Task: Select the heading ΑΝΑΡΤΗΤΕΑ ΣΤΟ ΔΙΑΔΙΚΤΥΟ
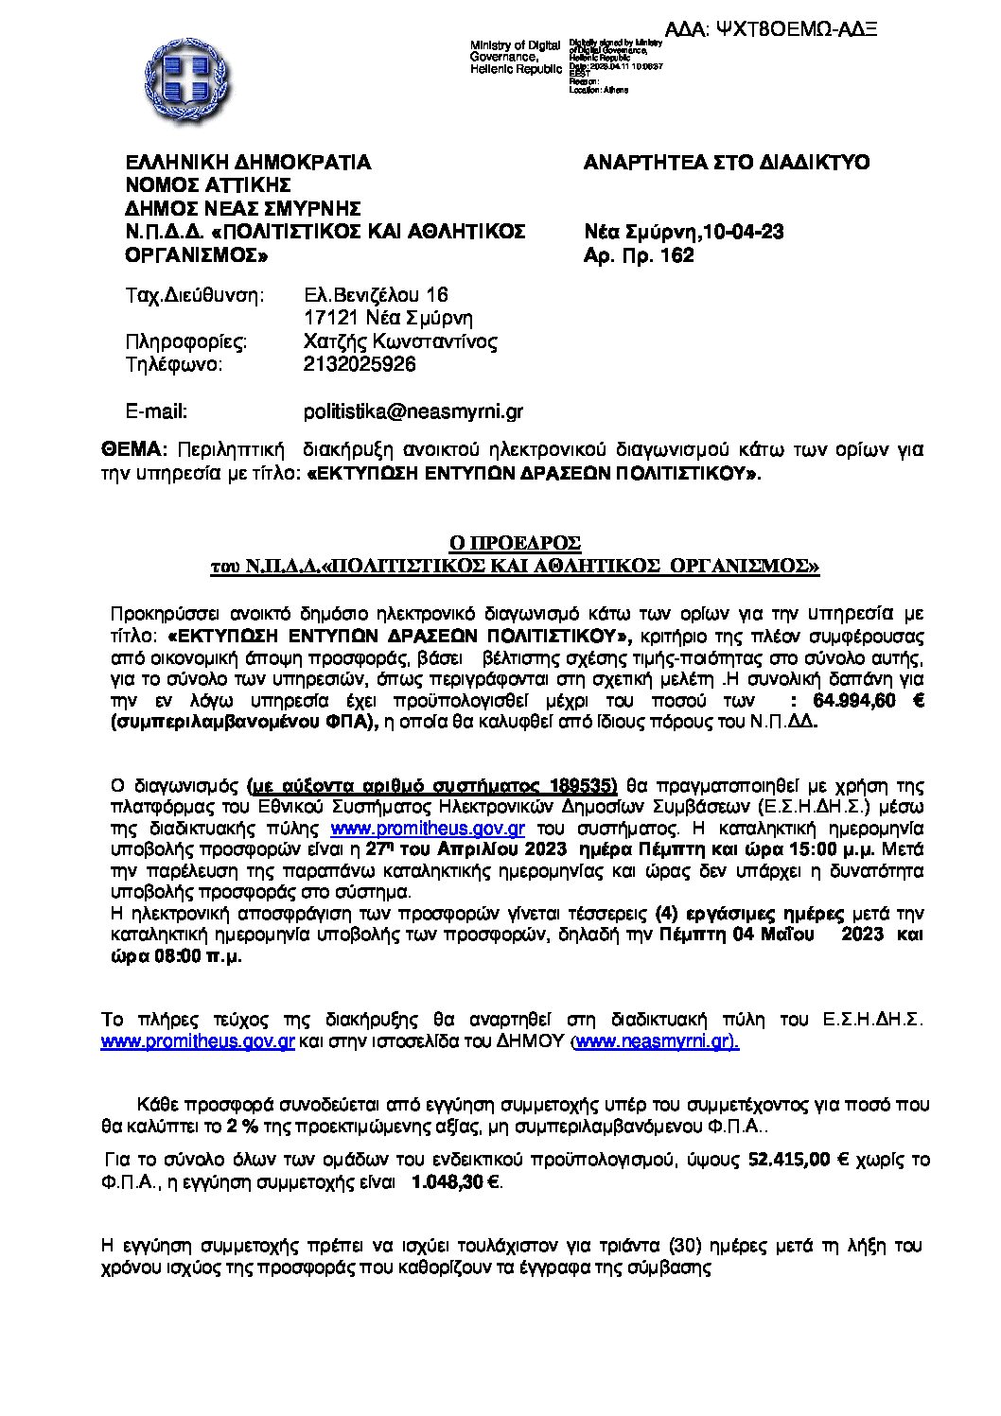click(x=728, y=163)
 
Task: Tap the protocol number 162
click(x=678, y=255)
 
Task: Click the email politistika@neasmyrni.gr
click(x=413, y=411)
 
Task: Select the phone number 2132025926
click(x=360, y=364)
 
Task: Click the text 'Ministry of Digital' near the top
click(x=516, y=45)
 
